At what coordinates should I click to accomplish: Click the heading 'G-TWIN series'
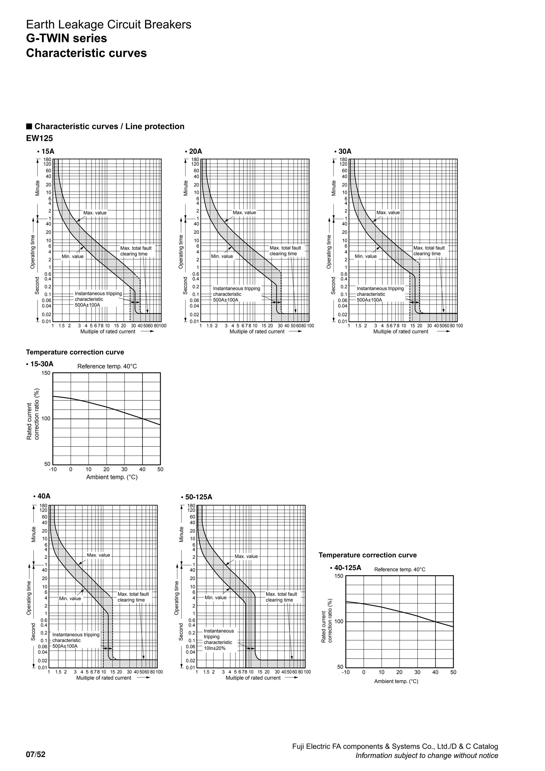67,38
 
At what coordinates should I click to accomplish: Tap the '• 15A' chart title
46,151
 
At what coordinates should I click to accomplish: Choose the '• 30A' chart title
343,151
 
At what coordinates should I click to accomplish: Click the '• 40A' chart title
42,496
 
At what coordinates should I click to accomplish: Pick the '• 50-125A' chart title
196,497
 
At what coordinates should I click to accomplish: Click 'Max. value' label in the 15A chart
95,213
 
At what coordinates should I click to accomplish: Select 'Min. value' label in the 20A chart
222,256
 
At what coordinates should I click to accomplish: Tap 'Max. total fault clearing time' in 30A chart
429,251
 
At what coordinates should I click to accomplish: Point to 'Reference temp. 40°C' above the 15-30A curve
107,366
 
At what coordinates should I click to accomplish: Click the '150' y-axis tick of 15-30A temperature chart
46,373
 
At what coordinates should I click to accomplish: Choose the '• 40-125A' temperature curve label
346,568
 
